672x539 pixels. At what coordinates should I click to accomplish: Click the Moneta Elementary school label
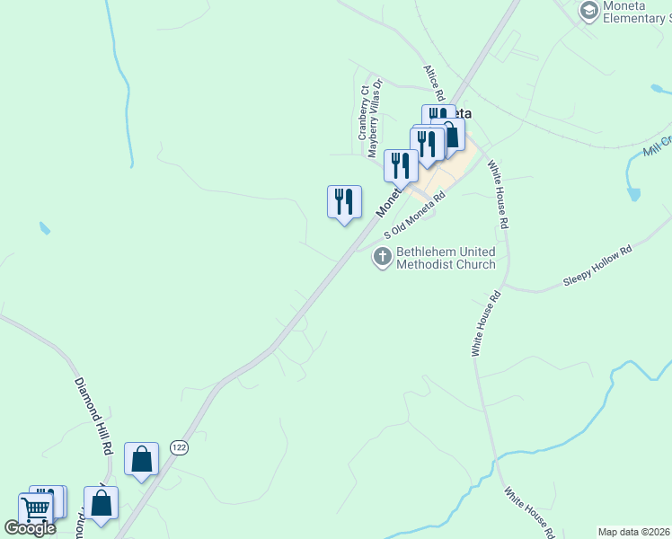tap(634, 12)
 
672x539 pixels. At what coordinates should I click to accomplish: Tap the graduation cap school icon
tap(589, 11)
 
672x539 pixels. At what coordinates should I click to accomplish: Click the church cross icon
tap(382, 259)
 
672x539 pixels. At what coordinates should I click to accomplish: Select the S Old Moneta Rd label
tap(415, 216)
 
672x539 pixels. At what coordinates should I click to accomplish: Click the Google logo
tap(30, 527)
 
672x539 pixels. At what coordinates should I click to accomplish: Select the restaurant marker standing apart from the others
tap(344, 201)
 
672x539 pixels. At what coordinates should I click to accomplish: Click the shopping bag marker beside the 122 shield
tap(142, 459)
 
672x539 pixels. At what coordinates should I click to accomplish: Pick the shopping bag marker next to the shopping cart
tap(102, 503)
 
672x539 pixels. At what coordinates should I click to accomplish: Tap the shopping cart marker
tap(35, 509)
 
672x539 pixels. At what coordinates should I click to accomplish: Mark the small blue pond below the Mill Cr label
tap(633, 192)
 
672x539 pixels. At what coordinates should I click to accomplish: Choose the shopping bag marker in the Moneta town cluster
tap(451, 135)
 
